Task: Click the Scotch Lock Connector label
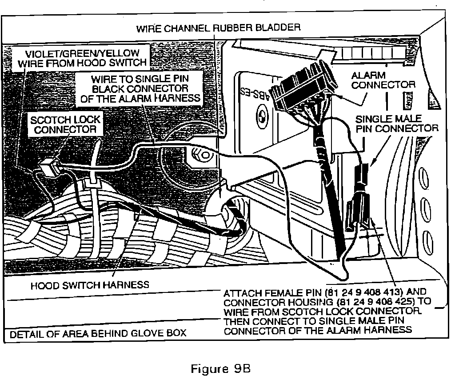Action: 65,125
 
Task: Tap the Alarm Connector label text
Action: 383,80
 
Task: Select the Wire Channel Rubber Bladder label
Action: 218,28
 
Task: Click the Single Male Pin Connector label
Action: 397,124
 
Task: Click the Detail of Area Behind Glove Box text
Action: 98,333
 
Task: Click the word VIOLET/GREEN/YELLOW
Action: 78,54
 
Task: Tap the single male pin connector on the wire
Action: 363,175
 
